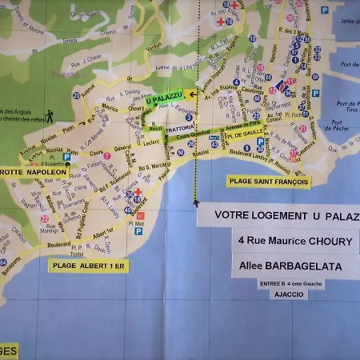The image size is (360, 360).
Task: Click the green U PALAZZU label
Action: (x=165, y=100)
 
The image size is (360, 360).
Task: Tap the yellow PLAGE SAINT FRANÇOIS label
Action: (x=268, y=182)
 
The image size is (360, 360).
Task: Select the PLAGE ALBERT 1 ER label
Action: (x=88, y=266)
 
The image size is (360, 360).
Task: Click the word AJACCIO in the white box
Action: (x=290, y=294)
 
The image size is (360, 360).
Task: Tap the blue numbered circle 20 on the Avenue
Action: (x=76, y=95)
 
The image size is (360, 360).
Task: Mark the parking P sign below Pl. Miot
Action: (x=138, y=231)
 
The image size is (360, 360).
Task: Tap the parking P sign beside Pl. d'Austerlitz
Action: (x=66, y=158)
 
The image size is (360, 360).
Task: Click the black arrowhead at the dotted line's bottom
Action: (x=196, y=203)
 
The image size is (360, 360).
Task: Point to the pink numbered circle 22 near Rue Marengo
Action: (x=45, y=218)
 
